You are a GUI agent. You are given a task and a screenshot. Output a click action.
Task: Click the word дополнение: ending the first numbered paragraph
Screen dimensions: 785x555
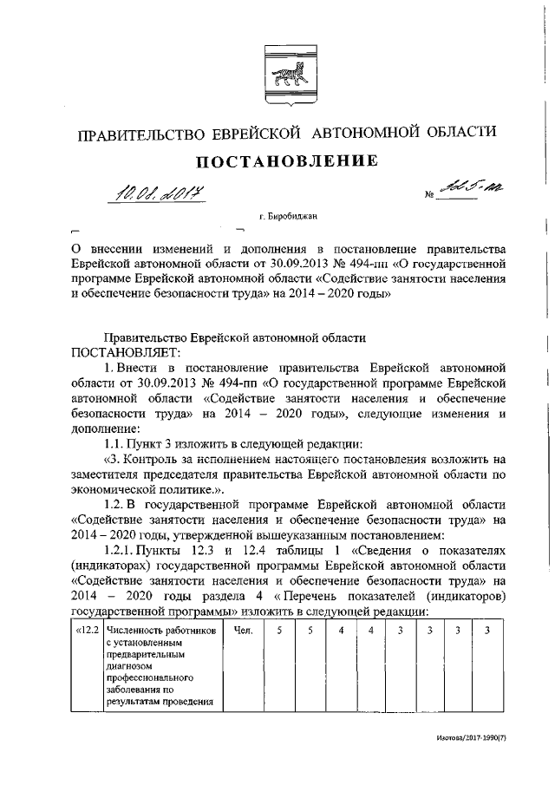pyautogui.click(x=105, y=428)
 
